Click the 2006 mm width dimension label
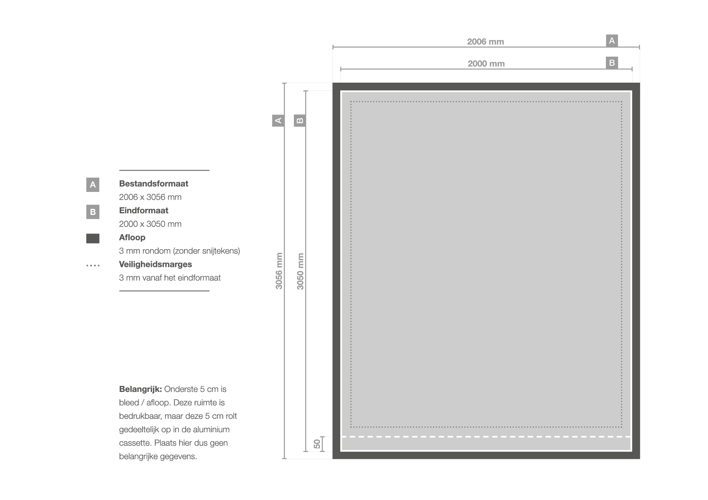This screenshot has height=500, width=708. point(486,42)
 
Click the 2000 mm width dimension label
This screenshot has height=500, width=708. point(486,64)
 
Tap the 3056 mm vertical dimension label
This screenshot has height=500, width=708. point(279,271)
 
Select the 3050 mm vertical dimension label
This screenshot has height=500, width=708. point(300,271)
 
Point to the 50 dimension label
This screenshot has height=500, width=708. point(317,444)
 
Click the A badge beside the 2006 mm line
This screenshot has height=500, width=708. point(612,41)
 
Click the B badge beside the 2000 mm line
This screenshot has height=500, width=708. point(612,63)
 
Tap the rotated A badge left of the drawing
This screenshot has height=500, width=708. point(278,120)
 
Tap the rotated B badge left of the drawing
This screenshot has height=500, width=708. point(300,120)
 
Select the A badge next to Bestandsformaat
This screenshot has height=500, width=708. point(93,185)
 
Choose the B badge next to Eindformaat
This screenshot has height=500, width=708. point(93,212)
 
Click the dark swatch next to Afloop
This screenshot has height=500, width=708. point(93,238)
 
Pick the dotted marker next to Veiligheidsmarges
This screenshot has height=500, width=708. point(93,266)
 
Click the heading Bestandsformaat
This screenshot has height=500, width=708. point(154,183)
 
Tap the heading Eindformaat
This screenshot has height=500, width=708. point(144,210)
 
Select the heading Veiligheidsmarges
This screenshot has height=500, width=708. point(155,265)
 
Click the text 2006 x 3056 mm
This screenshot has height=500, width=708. point(150,197)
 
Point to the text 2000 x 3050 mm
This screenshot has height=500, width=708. point(150,224)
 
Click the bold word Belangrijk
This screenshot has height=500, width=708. point(140,390)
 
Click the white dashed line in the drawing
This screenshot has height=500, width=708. point(486,437)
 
